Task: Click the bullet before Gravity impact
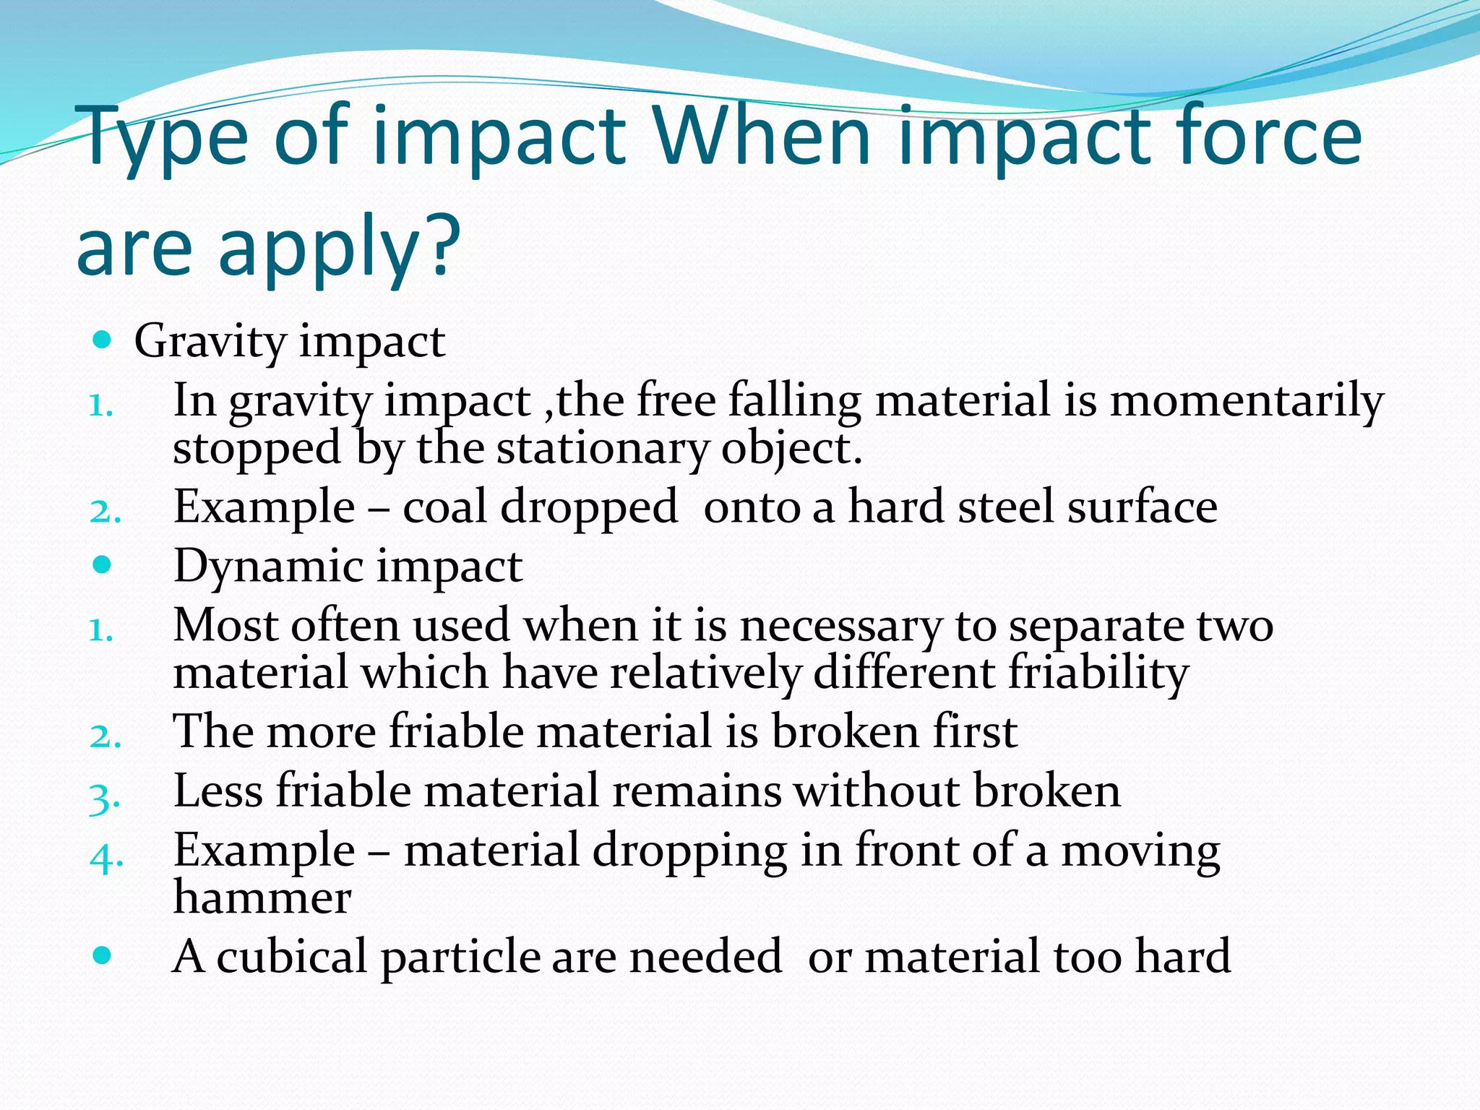103,339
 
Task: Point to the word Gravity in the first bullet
210,342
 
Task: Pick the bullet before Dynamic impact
103,564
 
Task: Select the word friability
1098,674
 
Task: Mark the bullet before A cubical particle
103,955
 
